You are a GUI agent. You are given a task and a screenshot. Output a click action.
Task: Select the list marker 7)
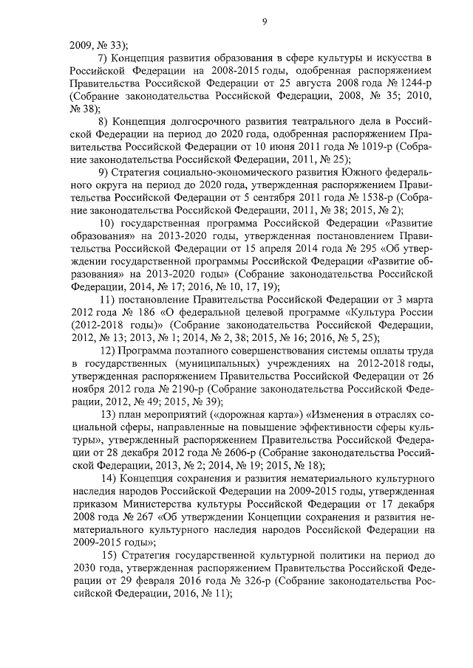point(105,58)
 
